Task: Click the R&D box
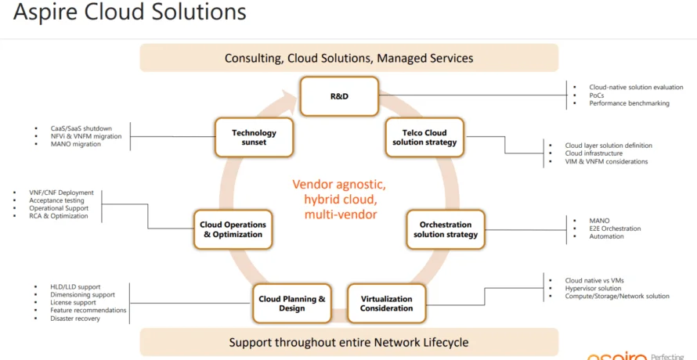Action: [339, 96]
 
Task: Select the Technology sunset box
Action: [254, 139]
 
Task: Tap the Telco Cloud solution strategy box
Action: [424, 138]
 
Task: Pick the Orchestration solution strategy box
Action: [445, 229]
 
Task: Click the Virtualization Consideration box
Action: [386, 304]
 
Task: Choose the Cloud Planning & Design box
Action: [292, 304]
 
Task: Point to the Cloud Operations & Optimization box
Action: [233, 229]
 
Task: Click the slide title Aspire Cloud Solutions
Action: [130, 13]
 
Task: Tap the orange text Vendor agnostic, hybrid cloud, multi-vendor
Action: [339, 200]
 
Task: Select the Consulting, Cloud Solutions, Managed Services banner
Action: [348, 58]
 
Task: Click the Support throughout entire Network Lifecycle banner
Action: [348, 342]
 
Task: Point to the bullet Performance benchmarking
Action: [629, 103]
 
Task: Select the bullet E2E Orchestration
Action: [615, 229]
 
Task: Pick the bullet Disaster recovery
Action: [75, 319]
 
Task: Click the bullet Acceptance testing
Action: [56, 200]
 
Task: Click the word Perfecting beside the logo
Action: [672, 356]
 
